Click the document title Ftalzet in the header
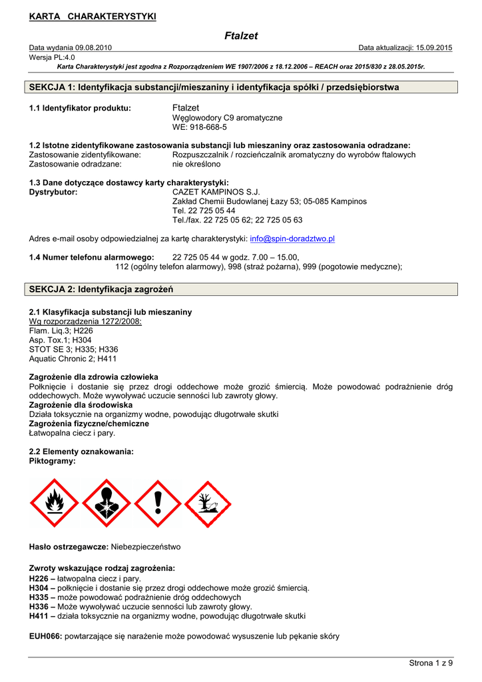point(241,36)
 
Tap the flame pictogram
point(55,503)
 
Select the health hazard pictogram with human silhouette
point(107,503)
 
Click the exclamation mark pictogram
point(158,503)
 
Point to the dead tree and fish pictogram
point(208,503)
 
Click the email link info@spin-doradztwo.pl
point(292,238)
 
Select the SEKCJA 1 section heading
point(214,87)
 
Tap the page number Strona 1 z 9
point(431,663)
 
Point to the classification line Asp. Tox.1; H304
point(61,340)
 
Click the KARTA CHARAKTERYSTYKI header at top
point(93,16)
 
